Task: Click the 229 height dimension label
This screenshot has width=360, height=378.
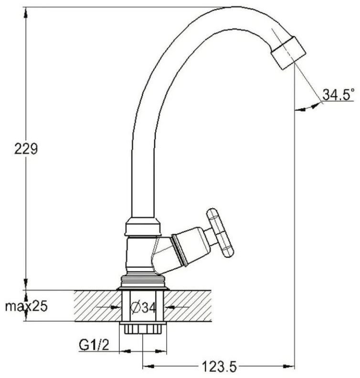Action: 26,148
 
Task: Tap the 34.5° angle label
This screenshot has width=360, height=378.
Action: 338,94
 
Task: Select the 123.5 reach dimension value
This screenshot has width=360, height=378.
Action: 219,367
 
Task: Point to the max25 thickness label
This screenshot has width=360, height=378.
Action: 27,306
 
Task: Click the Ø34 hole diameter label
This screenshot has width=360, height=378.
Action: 143,307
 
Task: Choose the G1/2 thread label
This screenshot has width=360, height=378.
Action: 94,345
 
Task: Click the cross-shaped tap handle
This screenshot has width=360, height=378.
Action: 220,233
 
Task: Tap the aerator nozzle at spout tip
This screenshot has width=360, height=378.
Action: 288,52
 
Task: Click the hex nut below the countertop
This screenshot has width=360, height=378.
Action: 142,328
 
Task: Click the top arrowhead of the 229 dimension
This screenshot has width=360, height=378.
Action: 26,12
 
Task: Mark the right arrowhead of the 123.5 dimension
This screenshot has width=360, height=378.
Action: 288,367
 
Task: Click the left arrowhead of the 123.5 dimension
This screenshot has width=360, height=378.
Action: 148,367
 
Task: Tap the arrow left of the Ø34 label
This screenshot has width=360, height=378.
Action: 108,307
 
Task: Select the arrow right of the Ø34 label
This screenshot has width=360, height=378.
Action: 177,307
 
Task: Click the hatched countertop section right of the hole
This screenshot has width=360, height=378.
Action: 188,305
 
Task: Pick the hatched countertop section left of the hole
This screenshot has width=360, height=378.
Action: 97,305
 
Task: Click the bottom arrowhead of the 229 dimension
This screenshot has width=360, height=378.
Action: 26,284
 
